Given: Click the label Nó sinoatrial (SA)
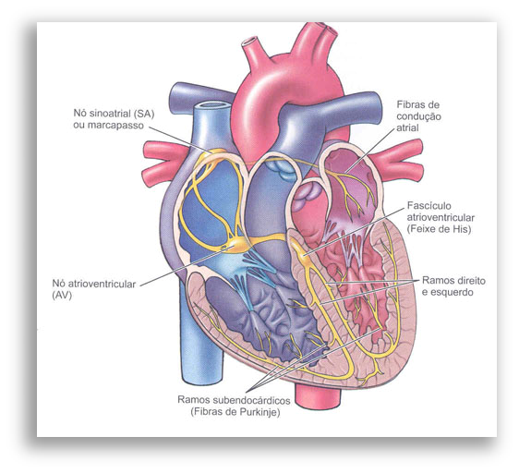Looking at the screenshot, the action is (x=114, y=114).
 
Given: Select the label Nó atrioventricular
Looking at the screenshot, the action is (x=94, y=284).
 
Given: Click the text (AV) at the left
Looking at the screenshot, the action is (x=62, y=296).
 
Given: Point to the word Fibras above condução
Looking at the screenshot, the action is (x=413, y=104).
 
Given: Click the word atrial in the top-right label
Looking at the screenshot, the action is (x=407, y=127).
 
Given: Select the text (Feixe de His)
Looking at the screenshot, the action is (x=439, y=229).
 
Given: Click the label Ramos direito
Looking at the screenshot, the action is (x=453, y=281).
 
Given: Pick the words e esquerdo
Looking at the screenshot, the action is (x=447, y=293).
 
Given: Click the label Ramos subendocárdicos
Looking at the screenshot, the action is (x=234, y=400).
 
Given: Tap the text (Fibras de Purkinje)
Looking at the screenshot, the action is (x=235, y=412).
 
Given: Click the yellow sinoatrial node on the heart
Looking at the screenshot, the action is (x=216, y=152).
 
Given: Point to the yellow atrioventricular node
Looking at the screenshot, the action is (x=239, y=246).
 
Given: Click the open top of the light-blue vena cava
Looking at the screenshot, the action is (x=211, y=106).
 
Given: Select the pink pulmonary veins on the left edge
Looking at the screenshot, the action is (x=165, y=164).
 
